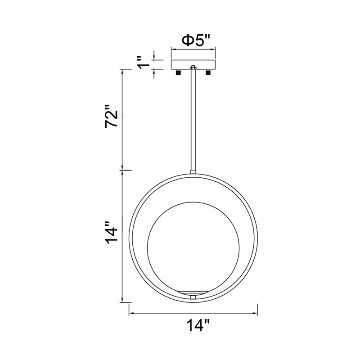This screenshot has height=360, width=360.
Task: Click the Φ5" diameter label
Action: point(196,40)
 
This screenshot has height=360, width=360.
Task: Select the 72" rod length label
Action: point(111,119)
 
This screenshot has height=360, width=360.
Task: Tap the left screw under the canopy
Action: point(178,72)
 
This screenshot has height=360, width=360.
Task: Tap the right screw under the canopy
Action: point(208,72)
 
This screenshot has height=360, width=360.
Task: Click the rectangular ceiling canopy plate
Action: point(193,65)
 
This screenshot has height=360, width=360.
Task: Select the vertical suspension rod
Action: point(193,119)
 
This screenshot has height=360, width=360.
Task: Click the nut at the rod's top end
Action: point(193,67)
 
